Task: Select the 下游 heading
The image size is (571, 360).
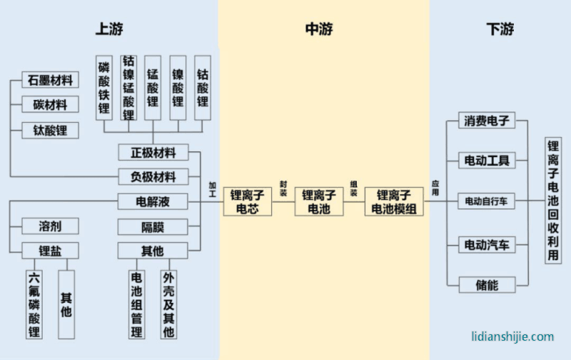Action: coord(500,29)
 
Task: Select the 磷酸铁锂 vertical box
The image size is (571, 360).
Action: coord(104,89)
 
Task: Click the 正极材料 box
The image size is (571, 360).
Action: coord(153,152)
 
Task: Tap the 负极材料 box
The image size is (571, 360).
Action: coord(153,176)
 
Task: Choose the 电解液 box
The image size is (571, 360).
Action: coord(153,201)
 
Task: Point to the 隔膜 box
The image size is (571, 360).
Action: coord(153,226)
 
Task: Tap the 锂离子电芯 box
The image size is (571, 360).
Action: coord(248,201)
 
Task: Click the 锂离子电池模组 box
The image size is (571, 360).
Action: coord(393,201)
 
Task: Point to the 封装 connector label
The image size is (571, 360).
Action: coord(283,187)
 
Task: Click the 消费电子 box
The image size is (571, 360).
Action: coord(486,121)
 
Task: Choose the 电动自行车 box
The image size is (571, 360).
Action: coord(486,201)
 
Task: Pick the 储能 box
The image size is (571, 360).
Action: coord(486,284)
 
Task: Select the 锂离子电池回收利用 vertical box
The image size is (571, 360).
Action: coord(553,201)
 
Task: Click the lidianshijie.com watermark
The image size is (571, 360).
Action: coord(512,336)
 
